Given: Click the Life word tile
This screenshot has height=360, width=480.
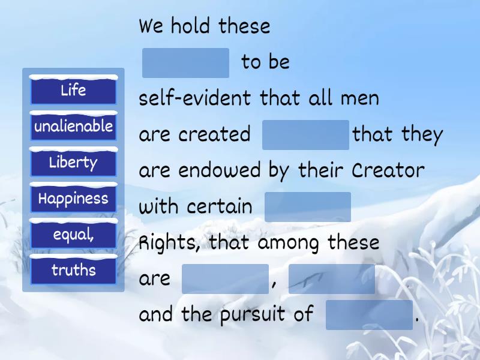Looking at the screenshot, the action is tap(73, 89).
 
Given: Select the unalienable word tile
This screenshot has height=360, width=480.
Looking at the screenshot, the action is tap(73, 126).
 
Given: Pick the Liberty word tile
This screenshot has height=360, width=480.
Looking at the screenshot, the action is tap(73, 162).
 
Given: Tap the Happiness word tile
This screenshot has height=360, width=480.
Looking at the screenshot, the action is tap(73, 198).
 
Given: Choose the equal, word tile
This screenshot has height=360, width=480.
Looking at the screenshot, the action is tap(73, 234).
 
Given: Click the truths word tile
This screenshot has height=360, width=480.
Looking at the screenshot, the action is tap(73, 270).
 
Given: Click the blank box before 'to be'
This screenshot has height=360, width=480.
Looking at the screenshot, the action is tap(185, 63).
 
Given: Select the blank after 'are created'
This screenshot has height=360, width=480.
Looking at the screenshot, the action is tap(305, 135).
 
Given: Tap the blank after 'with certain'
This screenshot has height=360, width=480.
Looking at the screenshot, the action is tap(308, 207).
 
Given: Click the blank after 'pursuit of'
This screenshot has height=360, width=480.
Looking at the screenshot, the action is tap(369, 315).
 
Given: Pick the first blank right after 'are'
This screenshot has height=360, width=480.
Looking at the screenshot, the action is tap(226, 279).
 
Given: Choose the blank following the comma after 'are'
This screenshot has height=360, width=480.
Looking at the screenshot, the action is tap(332, 279).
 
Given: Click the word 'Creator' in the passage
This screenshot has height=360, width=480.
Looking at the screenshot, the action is tap(388, 170).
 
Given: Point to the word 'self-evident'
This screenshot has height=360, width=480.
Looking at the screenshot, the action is tap(195, 98).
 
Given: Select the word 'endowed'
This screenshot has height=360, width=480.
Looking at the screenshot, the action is tap(220, 170).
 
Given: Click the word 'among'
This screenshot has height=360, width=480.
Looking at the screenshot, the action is tap(288, 244).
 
